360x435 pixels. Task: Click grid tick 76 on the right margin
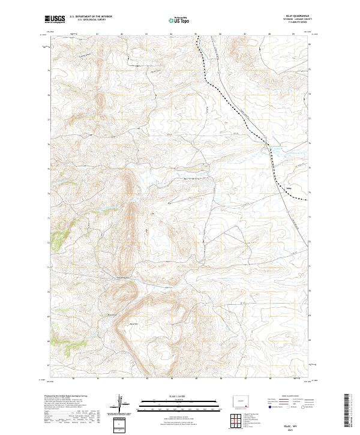(x=310, y=143)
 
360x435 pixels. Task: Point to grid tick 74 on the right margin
(x=310, y=193)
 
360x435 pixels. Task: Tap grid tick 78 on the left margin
(x=47, y=94)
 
